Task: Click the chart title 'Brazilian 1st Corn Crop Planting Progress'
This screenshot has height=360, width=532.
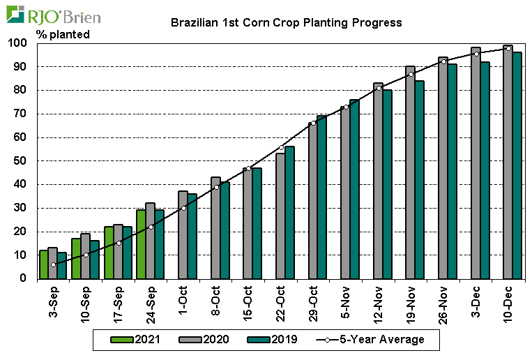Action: click(x=287, y=22)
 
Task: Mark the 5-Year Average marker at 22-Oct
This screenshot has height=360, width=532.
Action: click(x=281, y=147)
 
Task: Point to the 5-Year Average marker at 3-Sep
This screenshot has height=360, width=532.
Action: click(x=53, y=264)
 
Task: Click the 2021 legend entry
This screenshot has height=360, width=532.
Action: click(x=132, y=340)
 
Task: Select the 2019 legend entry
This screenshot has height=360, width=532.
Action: click(x=273, y=340)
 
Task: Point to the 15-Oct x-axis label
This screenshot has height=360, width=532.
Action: click(x=248, y=301)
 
